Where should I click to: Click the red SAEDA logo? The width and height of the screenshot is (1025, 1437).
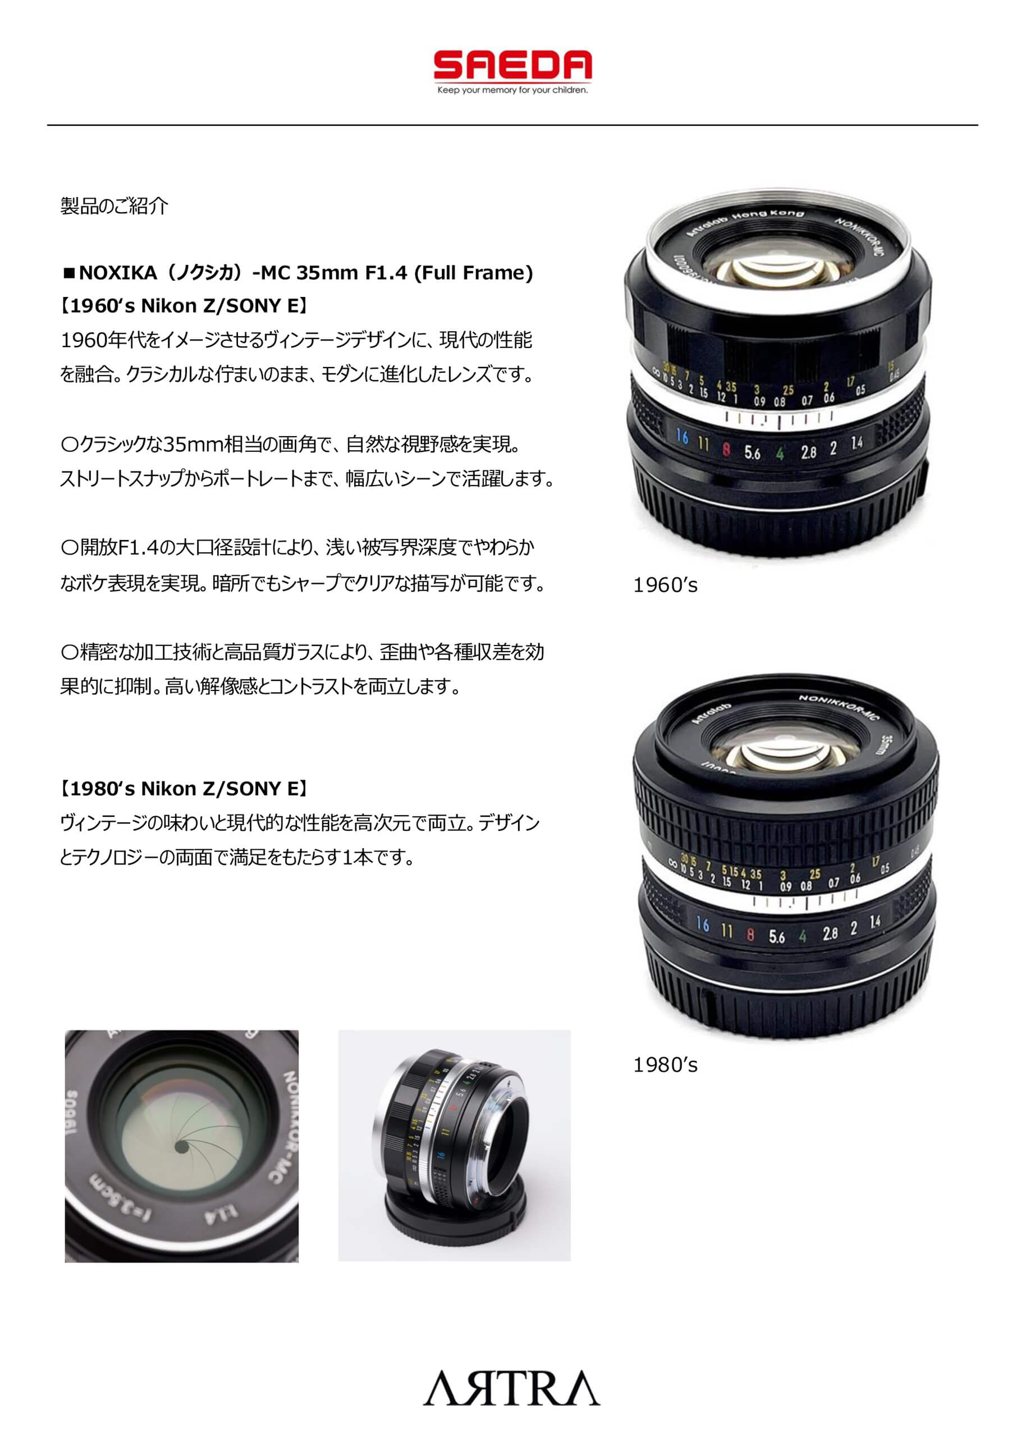(x=512, y=65)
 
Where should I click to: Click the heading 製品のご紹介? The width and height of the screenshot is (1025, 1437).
(x=115, y=206)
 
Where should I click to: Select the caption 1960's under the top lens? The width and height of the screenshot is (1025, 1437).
(x=665, y=585)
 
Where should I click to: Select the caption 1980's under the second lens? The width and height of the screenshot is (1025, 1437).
(x=665, y=1065)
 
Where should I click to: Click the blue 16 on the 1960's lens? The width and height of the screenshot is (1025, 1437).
(x=681, y=436)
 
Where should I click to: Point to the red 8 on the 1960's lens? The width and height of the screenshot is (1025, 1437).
(x=726, y=449)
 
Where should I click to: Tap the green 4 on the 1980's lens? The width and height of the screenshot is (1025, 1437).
(x=802, y=936)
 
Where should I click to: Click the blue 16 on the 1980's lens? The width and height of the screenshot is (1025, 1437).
(x=702, y=925)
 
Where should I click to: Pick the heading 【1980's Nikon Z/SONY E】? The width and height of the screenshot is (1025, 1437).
(x=184, y=789)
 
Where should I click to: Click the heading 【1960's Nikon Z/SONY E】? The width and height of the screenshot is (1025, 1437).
(x=184, y=306)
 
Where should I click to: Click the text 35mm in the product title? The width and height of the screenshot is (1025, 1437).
(x=327, y=273)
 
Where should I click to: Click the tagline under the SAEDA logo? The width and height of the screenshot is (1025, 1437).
(x=512, y=90)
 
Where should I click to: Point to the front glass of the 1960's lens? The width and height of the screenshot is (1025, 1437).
(x=777, y=268)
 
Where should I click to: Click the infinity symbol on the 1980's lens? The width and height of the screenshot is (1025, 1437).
(x=673, y=863)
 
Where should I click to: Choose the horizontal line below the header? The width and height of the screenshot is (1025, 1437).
(x=512, y=125)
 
